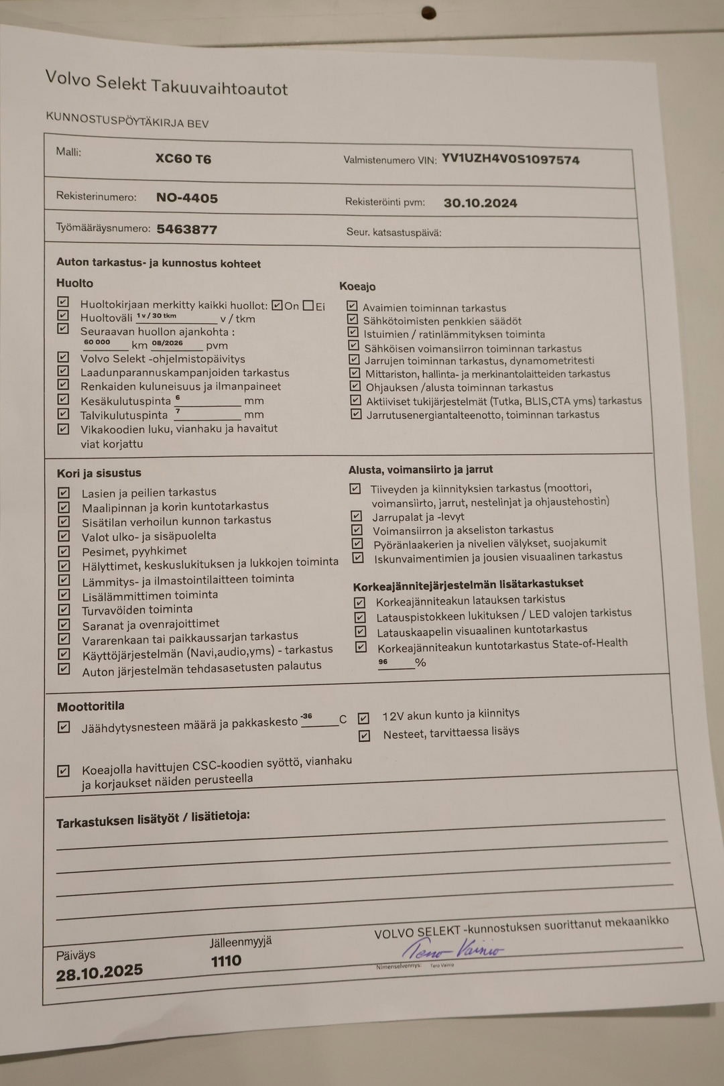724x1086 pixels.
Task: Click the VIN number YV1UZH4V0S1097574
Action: (510, 160)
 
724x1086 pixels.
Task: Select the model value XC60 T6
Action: (183, 159)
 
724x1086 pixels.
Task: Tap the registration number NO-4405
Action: (187, 198)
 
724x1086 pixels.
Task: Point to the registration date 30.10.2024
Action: (480, 203)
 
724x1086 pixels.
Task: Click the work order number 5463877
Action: (187, 229)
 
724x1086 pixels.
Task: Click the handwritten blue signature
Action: (452, 949)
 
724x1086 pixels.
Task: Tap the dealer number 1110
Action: (226, 961)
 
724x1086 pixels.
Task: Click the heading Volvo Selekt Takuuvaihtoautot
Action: (166, 83)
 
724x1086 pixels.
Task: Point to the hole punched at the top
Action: (428, 13)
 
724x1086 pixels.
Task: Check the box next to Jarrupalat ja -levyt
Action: (357, 516)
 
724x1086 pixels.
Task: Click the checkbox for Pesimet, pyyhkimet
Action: (64, 551)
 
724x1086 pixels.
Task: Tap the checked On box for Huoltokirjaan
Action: (277, 306)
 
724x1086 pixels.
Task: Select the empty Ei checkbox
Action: (308, 306)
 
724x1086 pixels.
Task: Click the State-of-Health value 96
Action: (383, 662)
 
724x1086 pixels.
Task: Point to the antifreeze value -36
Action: (306, 716)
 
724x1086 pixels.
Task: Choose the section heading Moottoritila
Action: (90, 706)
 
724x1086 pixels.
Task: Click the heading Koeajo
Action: (357, 286)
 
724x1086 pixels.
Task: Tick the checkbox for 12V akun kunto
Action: (363, 718)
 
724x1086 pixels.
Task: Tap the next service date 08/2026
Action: (167, 343)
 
